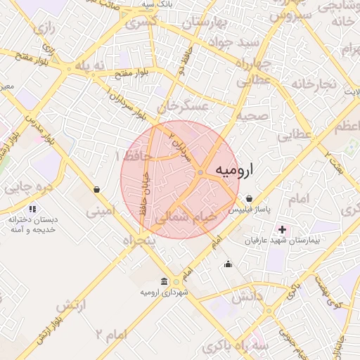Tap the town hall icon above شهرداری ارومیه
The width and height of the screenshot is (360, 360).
(x=164, y=281)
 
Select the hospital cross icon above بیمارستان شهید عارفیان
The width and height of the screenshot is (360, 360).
(x=283, y=229)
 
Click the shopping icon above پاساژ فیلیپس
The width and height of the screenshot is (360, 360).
(x=250, y=199)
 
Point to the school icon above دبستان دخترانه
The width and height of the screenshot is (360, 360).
(x=32, y=209)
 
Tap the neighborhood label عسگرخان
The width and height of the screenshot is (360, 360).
(x=184, y=106)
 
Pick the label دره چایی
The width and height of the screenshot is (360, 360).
(x=29, y=188)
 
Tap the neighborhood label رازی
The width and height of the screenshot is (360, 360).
(x=44, y=29)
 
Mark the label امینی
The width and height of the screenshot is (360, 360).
(x=98, y=210)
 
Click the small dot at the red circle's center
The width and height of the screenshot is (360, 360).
(x=200, y=172)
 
